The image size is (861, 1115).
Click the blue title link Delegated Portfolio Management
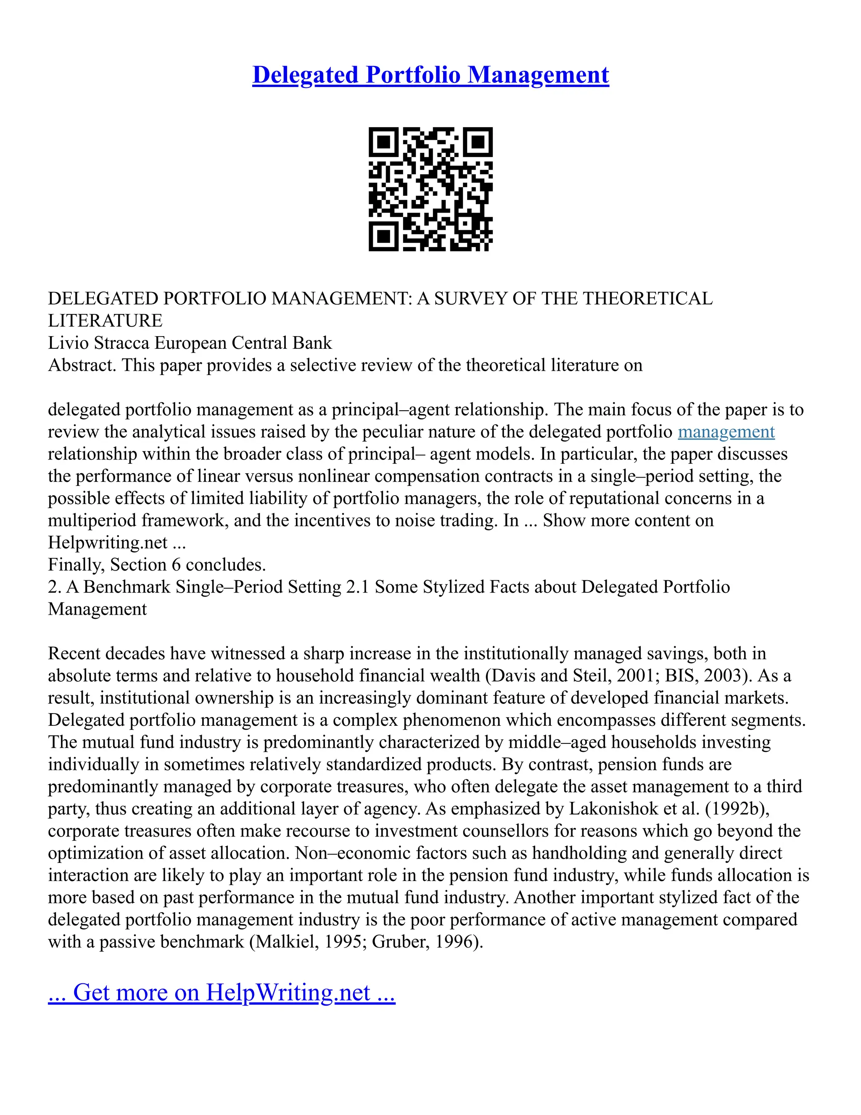(430, 75)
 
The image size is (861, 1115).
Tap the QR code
(430, 189)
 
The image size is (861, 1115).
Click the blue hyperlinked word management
(726, 432)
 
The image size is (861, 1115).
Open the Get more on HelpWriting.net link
(222, 993)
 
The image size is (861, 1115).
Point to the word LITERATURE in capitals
(105, 321)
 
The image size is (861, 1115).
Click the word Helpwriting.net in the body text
(108, 543)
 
